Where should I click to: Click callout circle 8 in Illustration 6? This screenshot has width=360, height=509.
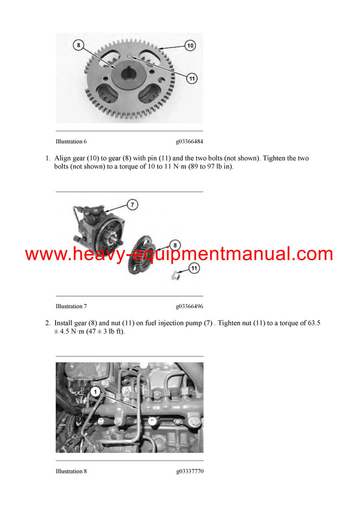78,44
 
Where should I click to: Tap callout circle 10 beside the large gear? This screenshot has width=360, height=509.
190,45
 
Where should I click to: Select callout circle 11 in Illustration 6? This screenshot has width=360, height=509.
191,77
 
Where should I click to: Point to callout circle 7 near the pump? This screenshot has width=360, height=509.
133,204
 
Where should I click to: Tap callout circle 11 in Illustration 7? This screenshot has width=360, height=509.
194,269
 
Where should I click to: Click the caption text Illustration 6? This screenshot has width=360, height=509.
71,141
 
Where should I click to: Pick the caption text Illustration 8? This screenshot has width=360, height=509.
71,471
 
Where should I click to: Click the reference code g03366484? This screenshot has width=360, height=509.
190,141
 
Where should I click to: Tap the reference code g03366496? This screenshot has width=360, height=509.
190,306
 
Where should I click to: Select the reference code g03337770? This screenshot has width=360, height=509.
190,471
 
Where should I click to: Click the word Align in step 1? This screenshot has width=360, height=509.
63,158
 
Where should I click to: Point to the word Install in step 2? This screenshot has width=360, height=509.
64,323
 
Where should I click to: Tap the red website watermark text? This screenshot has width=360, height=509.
179,254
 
